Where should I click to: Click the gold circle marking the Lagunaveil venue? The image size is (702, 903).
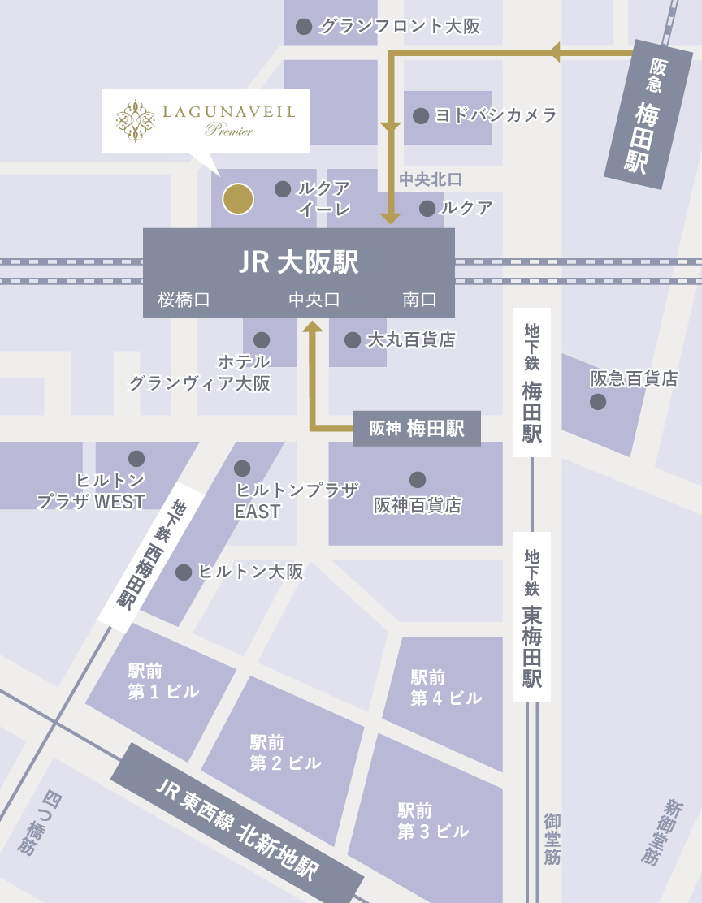coord(238,199)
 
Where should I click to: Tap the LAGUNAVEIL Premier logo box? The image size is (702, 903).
coord(206,121)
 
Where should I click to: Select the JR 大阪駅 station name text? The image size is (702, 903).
coord(298,263)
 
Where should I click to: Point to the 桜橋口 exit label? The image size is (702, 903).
coord(184,300)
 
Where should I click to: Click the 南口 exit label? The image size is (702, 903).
coord(419,300)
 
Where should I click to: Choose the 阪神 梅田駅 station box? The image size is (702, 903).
coord(417,429)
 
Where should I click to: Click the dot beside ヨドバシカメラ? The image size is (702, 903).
coord(421,115)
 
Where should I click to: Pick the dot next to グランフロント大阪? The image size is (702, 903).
coord(304,26)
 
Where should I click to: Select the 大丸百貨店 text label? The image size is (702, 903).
coord(410,339)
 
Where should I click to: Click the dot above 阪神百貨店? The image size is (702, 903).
coord(418,479)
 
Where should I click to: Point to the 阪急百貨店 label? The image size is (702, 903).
coord(634,378)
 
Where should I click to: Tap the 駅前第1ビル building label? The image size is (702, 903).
coord(163,681)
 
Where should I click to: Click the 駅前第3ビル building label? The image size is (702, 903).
coord(433,820)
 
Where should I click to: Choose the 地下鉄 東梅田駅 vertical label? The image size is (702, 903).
coord(532,617)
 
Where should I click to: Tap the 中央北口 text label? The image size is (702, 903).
coord(431,179)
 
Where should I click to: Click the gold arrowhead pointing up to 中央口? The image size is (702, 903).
coord(313,326)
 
